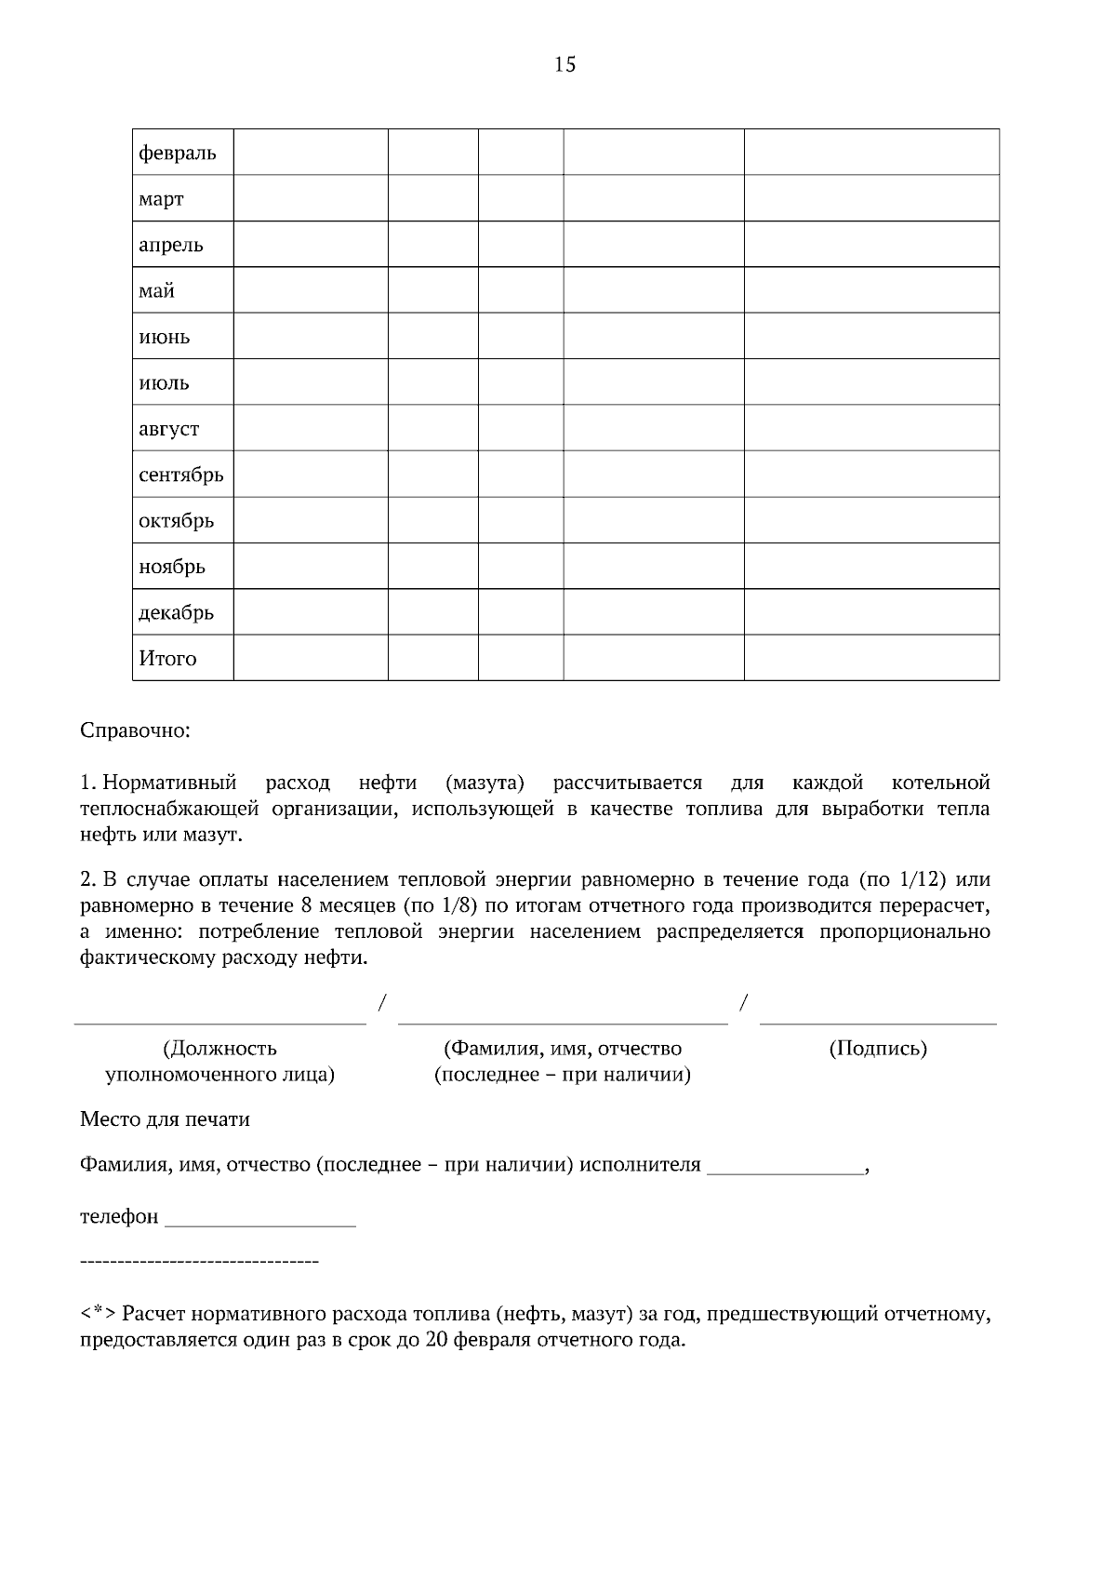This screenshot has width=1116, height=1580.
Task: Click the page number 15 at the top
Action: (x=565, y=64)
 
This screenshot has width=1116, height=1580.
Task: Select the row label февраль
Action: (x=178, y=153)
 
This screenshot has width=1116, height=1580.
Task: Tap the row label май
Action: (x=157, y=291)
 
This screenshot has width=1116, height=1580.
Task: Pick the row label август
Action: (x=169, y=429)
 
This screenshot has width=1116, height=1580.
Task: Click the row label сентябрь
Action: (x=181, y=475)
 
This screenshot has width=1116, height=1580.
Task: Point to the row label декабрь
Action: (x=177, y=612)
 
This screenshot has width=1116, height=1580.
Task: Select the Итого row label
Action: (x=168, y=659)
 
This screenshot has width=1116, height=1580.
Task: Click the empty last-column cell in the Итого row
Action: (x=871, y=658)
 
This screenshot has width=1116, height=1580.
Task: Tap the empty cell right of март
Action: (x=311, y=198)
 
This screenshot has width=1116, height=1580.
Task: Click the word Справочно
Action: (x=135, y=730)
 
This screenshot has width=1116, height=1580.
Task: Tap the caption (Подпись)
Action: (x=878, y=1049)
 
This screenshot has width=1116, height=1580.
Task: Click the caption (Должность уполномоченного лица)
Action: (x=220, y=1062)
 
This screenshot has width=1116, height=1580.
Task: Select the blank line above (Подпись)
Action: (x=878, y=1022)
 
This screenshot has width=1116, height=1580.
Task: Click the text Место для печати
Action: (x=166, y=1119)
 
